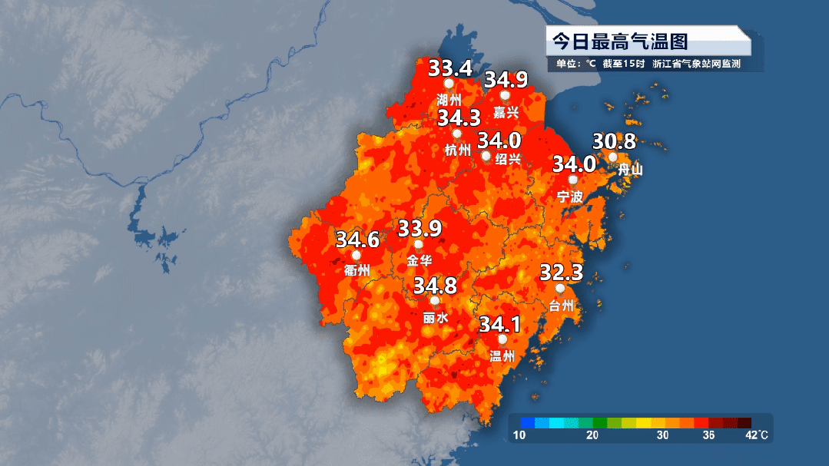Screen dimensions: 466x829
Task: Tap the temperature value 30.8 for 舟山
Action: (614, 141)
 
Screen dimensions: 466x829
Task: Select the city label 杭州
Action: (457, 150)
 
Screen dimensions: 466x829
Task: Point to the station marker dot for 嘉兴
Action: (505, 96)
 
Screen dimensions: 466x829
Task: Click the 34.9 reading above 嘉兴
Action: (506, 79)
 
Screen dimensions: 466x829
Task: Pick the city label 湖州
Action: (449, 100)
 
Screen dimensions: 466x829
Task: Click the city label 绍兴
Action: (508, 160)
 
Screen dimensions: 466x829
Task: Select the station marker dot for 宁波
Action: (572, 180)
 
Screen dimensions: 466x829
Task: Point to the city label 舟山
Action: (630, 170)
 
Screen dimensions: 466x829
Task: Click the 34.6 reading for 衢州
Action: (357, 239)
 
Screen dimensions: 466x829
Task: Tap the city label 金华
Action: (419, 260)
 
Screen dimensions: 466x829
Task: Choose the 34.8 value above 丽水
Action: (435, 286)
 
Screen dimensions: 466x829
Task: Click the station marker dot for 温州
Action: (502, 339)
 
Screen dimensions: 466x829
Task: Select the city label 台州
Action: (562, 306)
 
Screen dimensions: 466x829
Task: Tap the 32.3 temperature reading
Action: (562, 273)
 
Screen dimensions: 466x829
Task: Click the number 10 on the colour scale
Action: (520, 436)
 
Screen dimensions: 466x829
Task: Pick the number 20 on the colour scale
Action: (592, 436)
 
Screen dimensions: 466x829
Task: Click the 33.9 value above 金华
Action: (419, 228)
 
